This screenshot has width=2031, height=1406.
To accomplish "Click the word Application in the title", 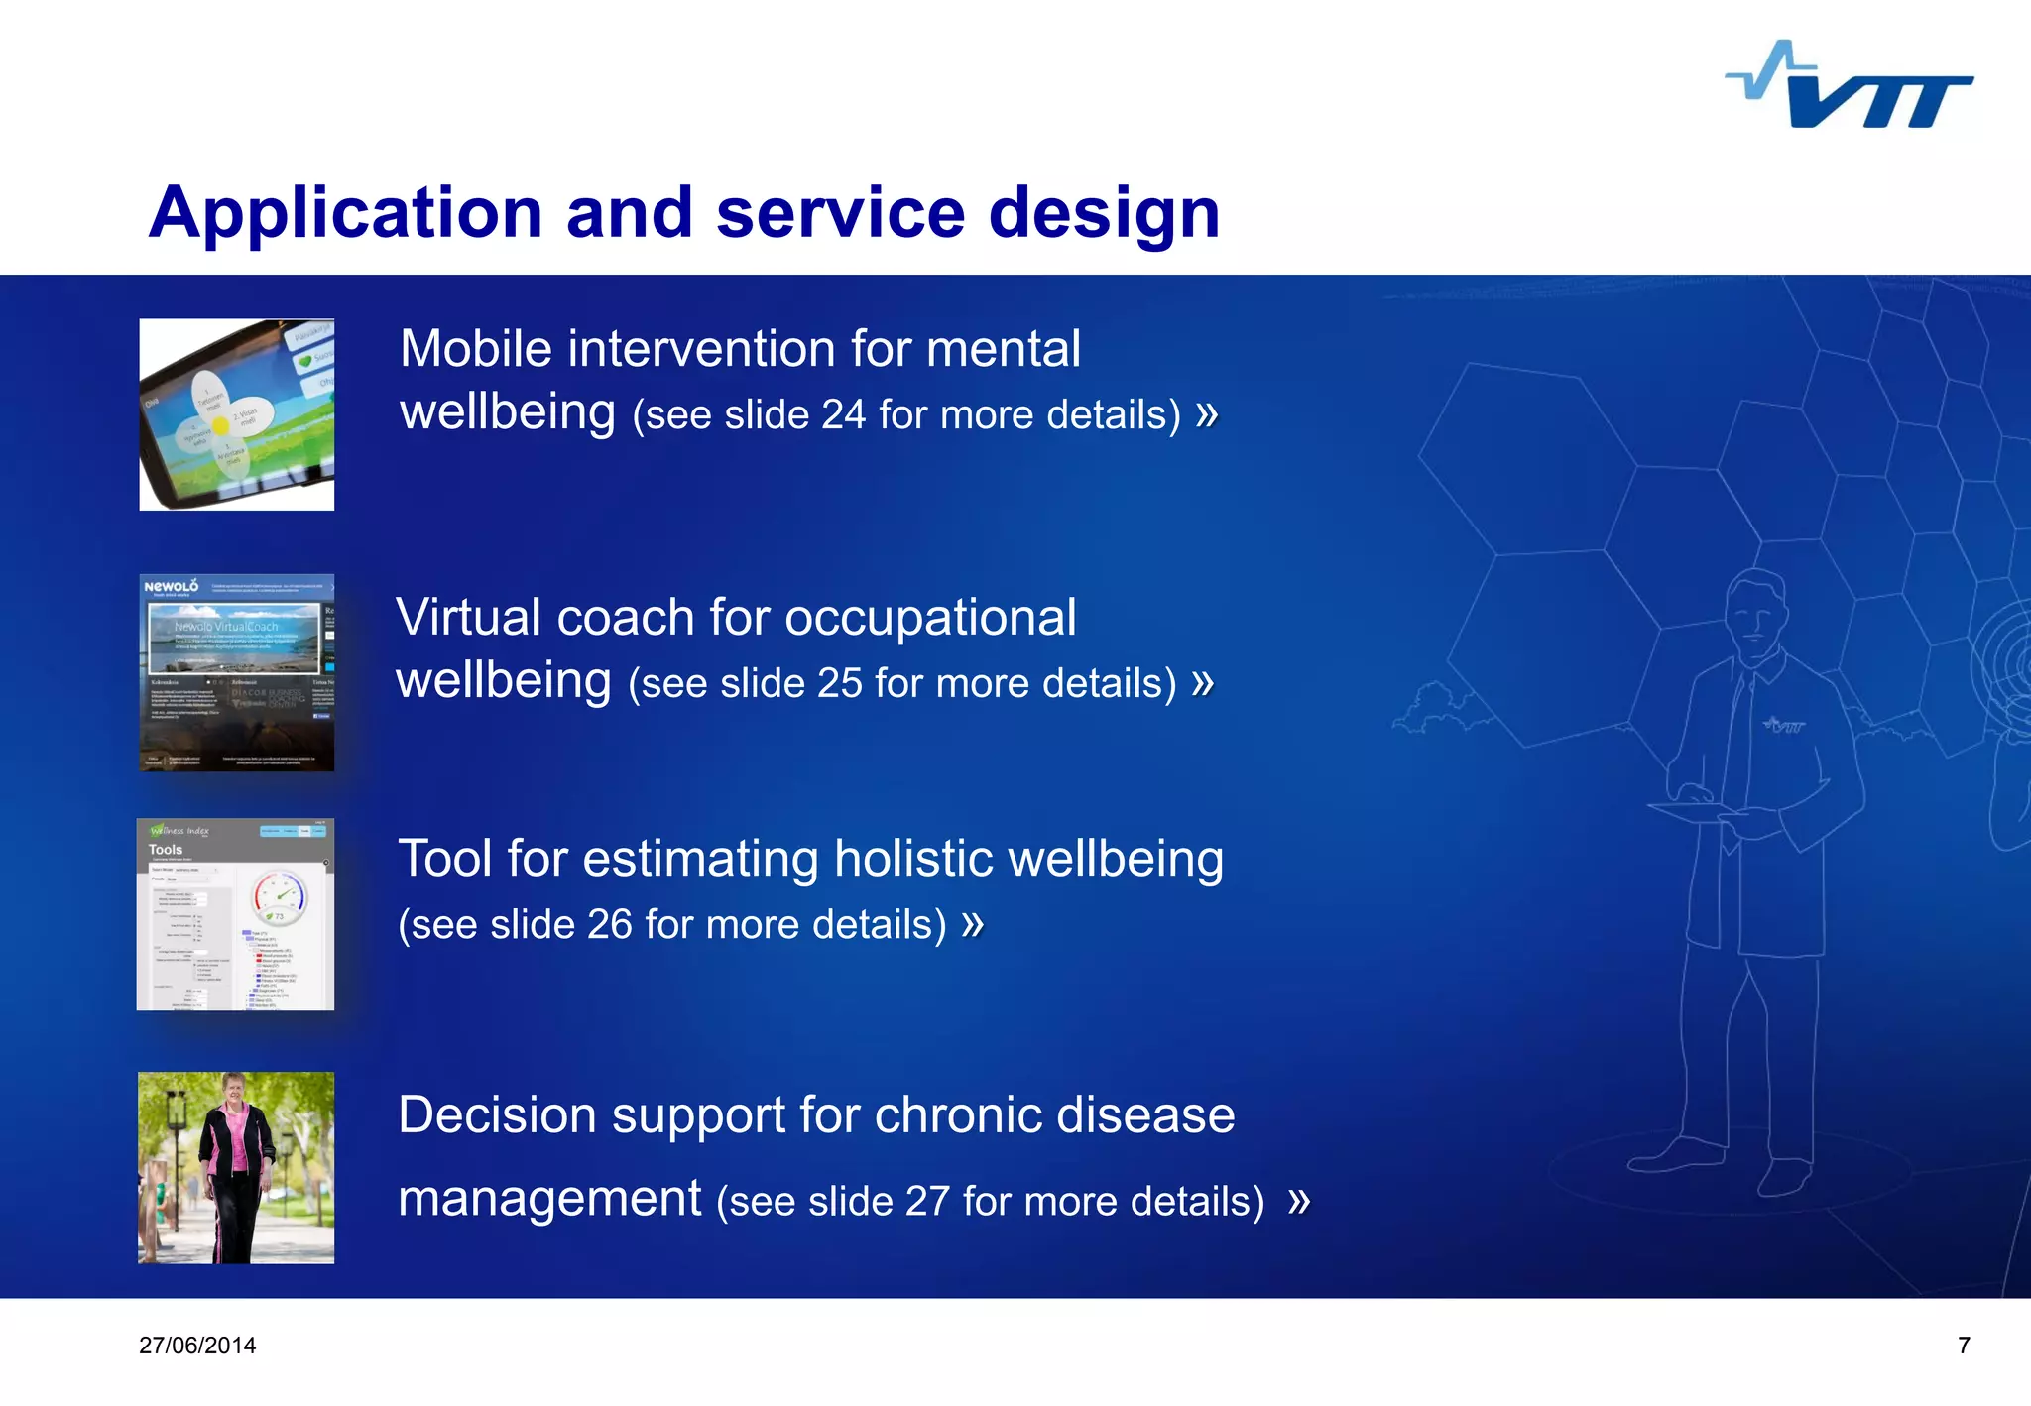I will (x=345, y=214).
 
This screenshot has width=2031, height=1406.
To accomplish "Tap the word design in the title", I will (x=1104, y=214).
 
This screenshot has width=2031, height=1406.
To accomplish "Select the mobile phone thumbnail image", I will (x=237, y=414).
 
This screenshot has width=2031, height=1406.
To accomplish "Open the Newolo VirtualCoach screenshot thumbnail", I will (x=237, y=672).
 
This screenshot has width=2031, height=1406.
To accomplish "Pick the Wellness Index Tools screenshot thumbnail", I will (x=236, y=914).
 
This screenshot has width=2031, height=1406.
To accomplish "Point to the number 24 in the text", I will (x=843, y=415).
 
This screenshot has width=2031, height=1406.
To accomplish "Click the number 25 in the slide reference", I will (x=839, y=684).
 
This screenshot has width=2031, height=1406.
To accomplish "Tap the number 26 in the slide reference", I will (x=609, y=925).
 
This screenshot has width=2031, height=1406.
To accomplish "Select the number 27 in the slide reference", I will (x=927, y=1202).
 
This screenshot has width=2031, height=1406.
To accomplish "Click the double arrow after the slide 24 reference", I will (x=1206, y=413).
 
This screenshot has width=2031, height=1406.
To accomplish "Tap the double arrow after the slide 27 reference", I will (x=1299, y=1202).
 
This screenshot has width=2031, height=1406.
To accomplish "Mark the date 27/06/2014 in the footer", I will (x=197, y=1346).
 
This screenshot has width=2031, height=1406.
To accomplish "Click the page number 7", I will (x=1963, y=1346).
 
